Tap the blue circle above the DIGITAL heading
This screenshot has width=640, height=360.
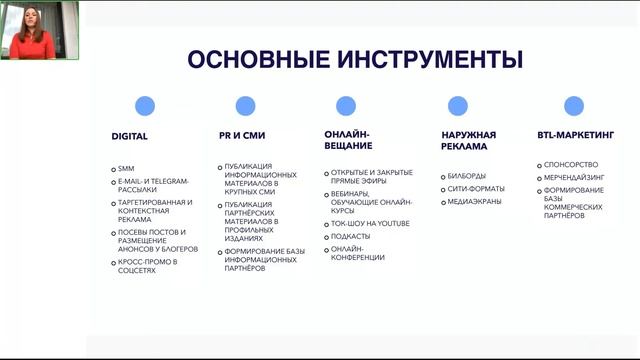145,106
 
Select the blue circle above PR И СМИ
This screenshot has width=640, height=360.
244,106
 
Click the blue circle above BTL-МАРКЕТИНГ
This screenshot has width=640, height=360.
573,106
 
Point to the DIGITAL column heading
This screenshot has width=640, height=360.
129,135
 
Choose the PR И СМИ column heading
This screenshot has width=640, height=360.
242,135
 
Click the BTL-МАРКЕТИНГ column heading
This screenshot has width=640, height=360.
575,135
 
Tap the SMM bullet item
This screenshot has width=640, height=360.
126,168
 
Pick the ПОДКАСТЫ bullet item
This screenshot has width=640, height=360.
351,236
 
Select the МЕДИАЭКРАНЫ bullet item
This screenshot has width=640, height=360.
473,202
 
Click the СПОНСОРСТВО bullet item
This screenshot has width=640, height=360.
568,164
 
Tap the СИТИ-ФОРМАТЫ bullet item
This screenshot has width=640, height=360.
473,189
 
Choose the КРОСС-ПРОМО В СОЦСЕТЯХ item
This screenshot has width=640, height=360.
147,265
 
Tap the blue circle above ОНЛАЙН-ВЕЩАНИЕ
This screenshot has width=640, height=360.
346,106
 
